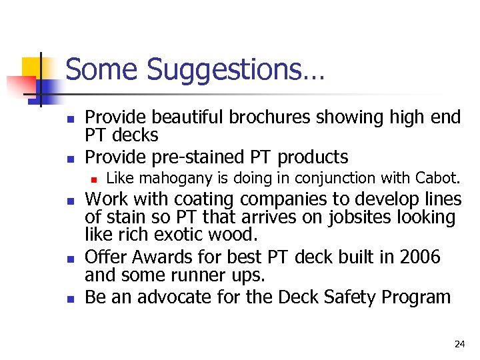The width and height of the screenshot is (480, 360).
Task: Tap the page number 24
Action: pos(459,344)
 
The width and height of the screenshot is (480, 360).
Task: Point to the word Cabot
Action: pos(437,178)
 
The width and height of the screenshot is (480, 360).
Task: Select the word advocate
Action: pos(176,297)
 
